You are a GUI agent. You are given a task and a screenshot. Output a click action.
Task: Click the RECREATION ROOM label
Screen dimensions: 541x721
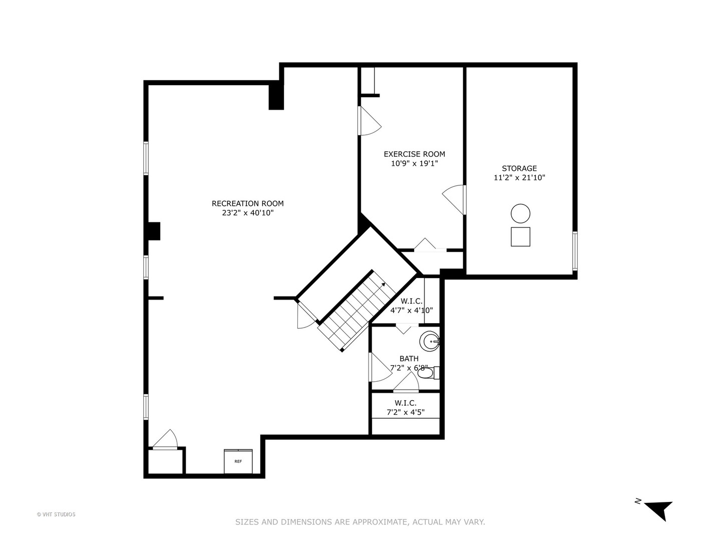coord(247,203)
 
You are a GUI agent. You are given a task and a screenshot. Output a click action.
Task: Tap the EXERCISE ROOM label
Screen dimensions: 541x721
coord(414,154)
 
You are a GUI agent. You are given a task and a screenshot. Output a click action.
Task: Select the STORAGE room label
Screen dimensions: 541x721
coord(519,168)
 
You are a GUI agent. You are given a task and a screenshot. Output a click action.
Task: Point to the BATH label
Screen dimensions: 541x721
coord(409,359)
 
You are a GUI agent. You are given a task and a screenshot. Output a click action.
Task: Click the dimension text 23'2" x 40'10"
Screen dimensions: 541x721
coord(247,213)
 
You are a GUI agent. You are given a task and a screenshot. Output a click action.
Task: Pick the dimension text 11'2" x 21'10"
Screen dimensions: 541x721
coord(519,177)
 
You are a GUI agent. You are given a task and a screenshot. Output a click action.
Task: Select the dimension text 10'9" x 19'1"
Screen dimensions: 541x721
coord(414,163)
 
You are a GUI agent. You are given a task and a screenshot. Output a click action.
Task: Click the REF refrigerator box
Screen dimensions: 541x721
coord(238,461)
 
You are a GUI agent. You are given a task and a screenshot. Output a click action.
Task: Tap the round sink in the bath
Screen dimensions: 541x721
coord(430,342)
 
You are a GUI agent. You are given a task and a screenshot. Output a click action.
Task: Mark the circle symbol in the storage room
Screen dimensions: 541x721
coord(520,214)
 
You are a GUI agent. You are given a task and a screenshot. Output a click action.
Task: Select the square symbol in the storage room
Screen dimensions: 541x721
coord(520,236)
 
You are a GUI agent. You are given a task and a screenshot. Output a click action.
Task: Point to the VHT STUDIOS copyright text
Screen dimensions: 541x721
coord(56,514)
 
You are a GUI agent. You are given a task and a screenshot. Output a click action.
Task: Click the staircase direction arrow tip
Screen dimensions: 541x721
coord(384,284)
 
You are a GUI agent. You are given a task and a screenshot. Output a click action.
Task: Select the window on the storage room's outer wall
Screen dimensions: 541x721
coord(575,250)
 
